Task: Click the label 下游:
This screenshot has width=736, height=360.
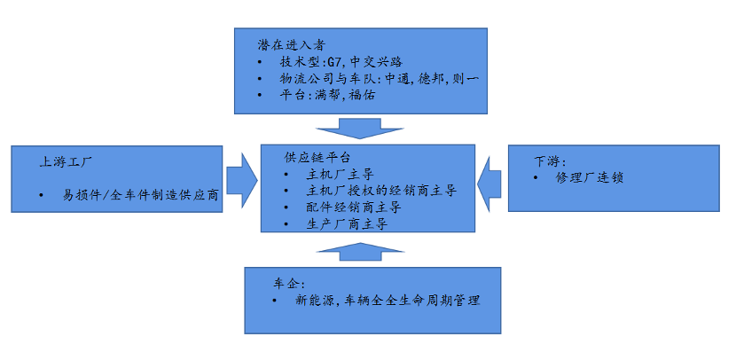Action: coord(551,161)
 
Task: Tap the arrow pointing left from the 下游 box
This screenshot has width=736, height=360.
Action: coord(489,186)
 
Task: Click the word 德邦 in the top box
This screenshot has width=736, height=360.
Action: coord(442,79)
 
